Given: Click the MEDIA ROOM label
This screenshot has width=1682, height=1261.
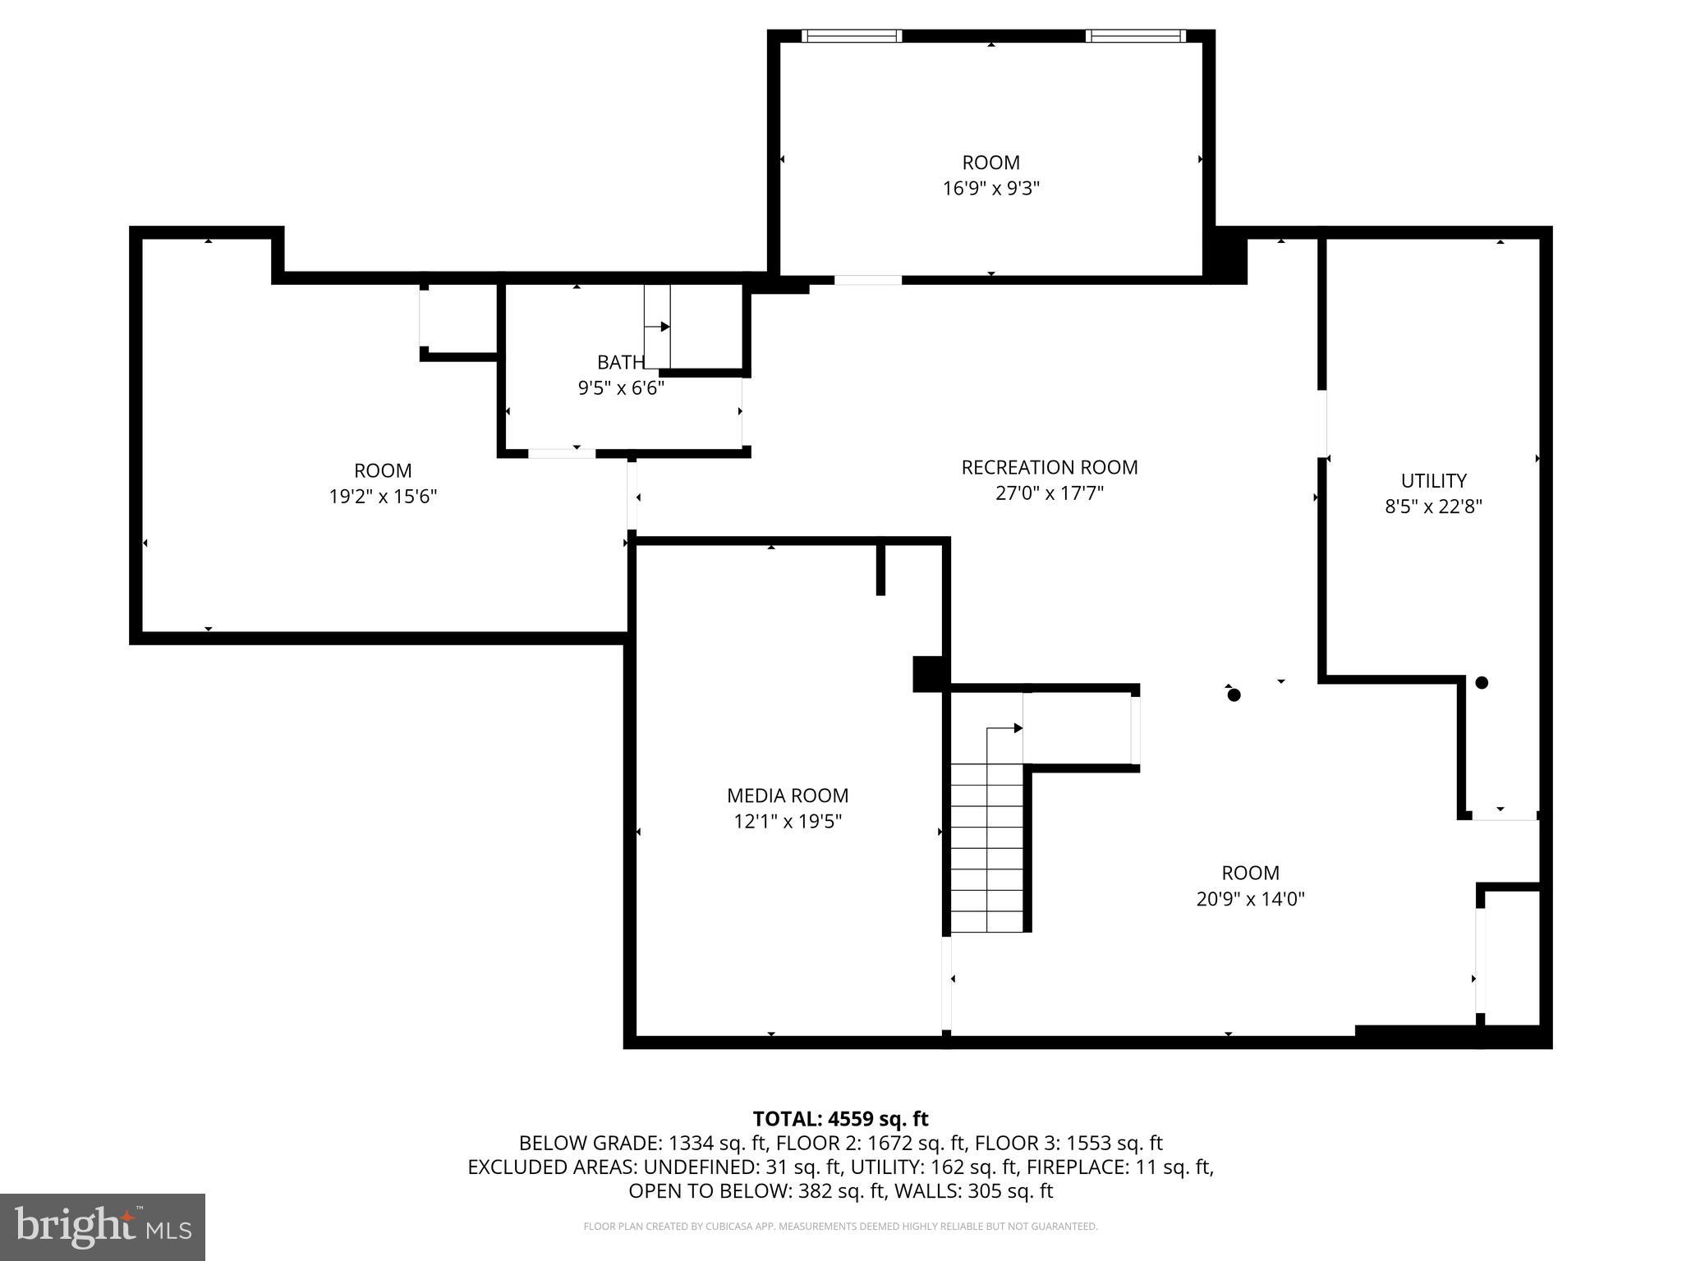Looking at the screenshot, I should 787,795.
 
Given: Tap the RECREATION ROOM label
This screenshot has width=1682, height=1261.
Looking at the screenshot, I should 1049,467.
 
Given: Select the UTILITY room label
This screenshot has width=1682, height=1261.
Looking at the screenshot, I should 1433,480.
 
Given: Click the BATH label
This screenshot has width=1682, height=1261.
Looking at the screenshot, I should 620,362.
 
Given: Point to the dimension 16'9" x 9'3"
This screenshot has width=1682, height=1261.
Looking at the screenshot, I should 990,188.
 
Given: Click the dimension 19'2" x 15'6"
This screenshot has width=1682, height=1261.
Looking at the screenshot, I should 383,496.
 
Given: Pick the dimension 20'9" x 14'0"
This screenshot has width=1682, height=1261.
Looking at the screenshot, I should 1250,898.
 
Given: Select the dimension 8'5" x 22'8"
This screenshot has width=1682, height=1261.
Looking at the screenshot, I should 1433,506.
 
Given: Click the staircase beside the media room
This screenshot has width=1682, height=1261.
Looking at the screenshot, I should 987,846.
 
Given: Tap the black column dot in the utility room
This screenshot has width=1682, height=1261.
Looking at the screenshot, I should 1482,682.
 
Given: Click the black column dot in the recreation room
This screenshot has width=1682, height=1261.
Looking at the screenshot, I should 1234,695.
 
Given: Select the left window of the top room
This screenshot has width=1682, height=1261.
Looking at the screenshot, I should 851,36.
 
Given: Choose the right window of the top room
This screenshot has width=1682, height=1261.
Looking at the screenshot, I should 1135,36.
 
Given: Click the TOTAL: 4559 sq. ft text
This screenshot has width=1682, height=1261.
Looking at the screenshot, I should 840,1119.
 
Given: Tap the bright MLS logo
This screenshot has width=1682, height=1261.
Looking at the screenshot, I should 103,1227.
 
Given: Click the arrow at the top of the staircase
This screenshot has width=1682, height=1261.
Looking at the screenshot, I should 1017,728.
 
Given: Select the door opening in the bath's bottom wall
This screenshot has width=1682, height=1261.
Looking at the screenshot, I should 561,453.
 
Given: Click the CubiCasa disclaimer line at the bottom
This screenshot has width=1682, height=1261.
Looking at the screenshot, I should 840,1227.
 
